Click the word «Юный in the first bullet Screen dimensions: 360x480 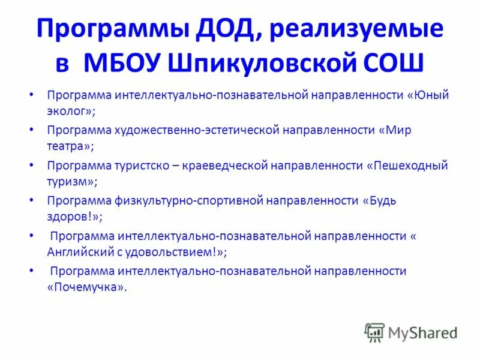pyautogui.click(x=427, y=95)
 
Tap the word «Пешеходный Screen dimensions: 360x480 pyautogui.click(x=407, y=165)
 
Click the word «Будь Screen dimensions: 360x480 pyautogui.click(x=380, y=200)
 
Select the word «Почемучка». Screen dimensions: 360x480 pyautogui.click(x=87, y=287)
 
